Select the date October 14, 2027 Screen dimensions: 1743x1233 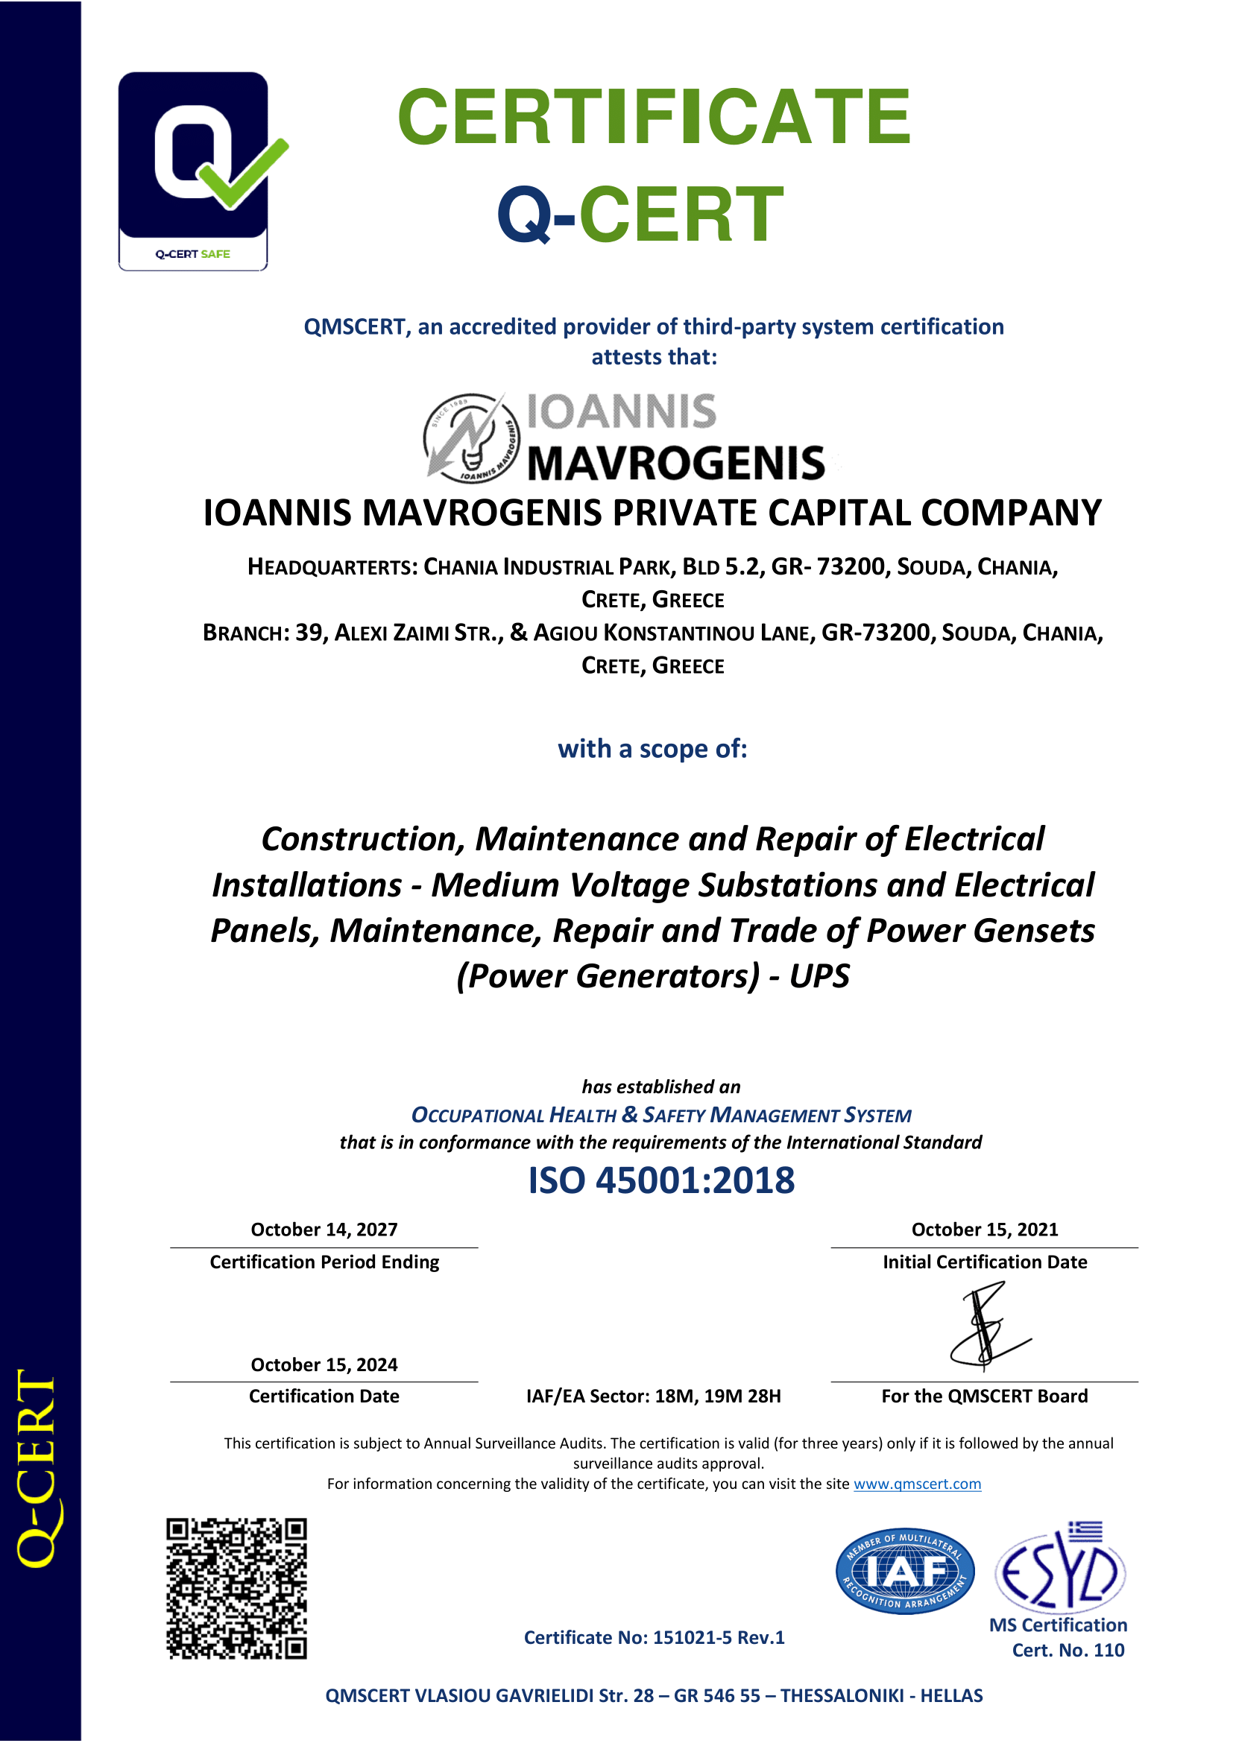324,1229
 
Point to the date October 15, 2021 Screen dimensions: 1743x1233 984,1229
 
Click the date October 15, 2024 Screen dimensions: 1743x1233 324,1364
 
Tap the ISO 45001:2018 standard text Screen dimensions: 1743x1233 661,1180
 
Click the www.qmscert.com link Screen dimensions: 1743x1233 916,1484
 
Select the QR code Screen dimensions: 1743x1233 237,1588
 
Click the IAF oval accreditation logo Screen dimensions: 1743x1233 905,1571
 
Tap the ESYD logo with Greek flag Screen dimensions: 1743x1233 1061,1569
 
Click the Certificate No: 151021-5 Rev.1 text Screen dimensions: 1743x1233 654,1637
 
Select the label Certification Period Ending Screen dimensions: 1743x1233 324,1262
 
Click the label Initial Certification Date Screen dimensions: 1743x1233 984,1262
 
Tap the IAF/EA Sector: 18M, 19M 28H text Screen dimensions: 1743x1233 653,1396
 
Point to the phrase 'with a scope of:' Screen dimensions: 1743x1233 652,748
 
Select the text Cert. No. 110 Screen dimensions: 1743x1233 1068,1650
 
